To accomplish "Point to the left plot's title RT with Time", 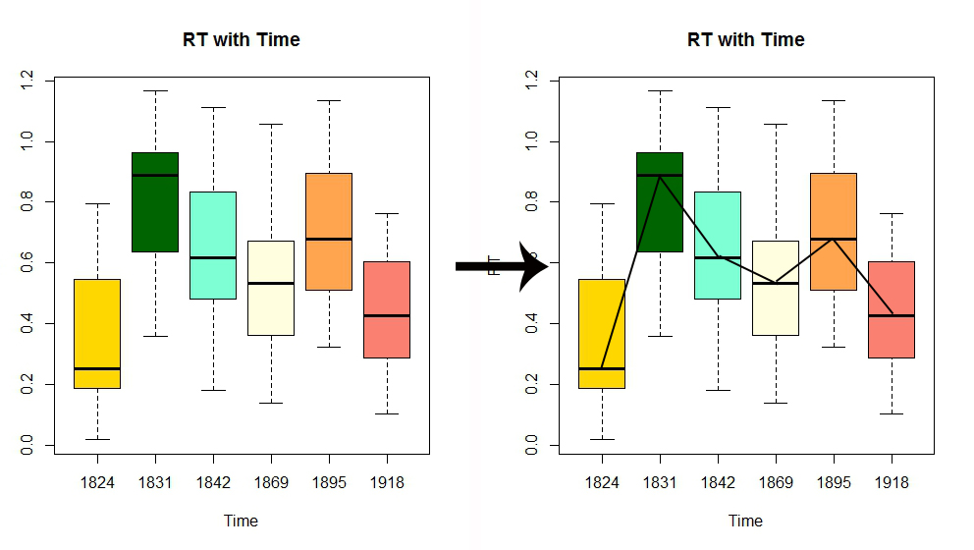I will point(242,40).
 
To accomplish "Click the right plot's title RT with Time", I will point(746,40).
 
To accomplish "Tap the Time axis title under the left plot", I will point(242,521).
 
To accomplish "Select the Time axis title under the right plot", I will point(746,521).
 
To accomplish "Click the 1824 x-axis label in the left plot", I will point(97,482).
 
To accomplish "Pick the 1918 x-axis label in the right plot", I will point(892,482).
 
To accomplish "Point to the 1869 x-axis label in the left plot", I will point(271,482).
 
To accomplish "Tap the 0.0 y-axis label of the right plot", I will point(532,446).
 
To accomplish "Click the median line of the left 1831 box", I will point(155,175).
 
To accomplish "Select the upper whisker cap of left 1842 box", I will point(213,107).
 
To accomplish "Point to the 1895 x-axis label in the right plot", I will point(834,482).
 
